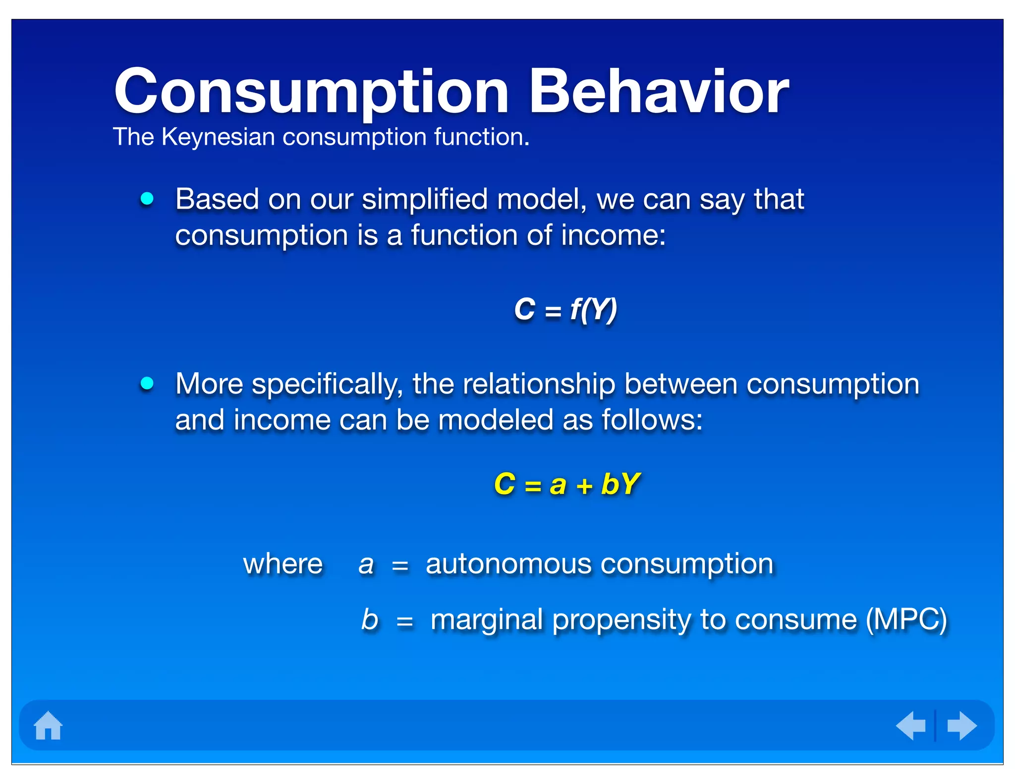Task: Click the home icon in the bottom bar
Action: coord(48,726)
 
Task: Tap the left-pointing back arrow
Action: coord(911,726)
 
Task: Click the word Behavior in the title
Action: coord(659,92)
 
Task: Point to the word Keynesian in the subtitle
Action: coord(218,137)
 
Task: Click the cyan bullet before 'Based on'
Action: coord(147,199)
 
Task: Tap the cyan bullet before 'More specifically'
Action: coord(147,383)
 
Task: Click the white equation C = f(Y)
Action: coord(565,310)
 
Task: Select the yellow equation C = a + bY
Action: coord(566,484)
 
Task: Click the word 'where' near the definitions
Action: coord(282,564)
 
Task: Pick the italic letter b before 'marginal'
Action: coord(369,619)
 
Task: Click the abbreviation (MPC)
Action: coord(906,619)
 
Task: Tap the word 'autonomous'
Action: coord(508,564)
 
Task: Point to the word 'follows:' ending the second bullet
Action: coord(652,420)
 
